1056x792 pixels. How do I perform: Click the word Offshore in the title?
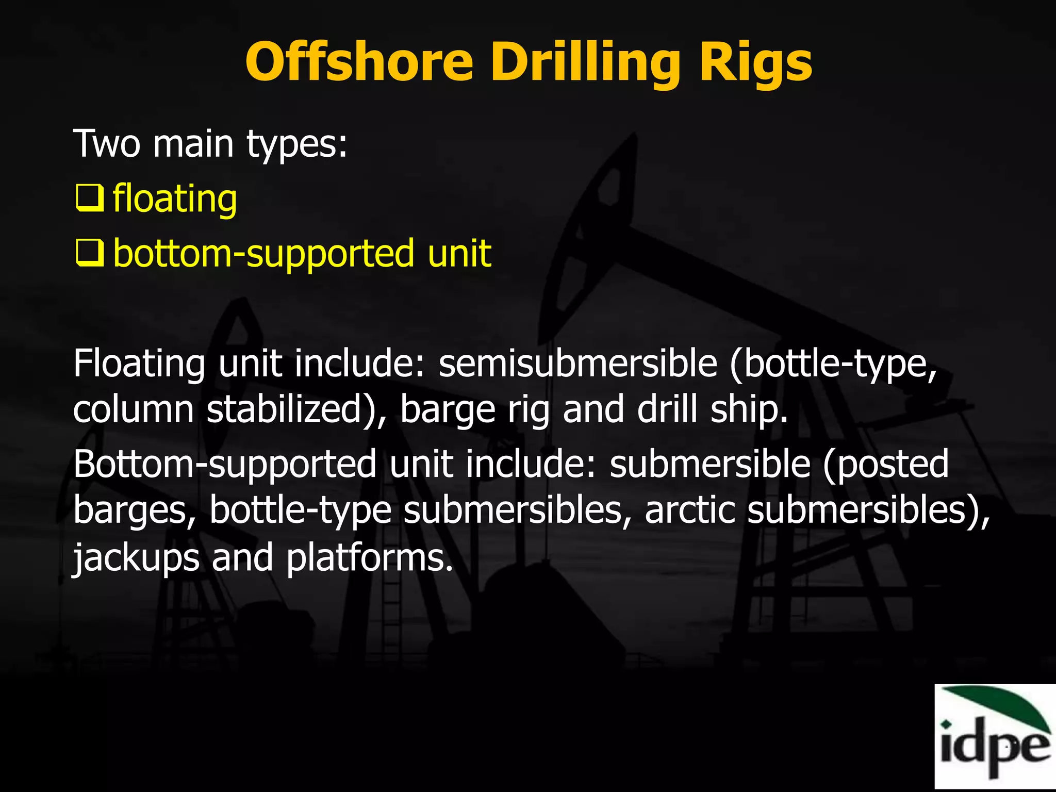[359, 62]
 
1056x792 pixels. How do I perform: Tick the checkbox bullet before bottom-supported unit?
[89, 254]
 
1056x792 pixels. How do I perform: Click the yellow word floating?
[175, 199]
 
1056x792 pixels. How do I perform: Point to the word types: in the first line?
[296, 144]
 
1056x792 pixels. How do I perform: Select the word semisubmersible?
[577, 364]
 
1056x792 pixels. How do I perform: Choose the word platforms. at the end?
[369, 559]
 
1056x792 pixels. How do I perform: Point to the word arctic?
[689, 510]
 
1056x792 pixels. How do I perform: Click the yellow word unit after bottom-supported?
[459, 254]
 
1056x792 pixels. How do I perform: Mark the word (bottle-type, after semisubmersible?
[833, 365]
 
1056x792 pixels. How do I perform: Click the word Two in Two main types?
[106, 144]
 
